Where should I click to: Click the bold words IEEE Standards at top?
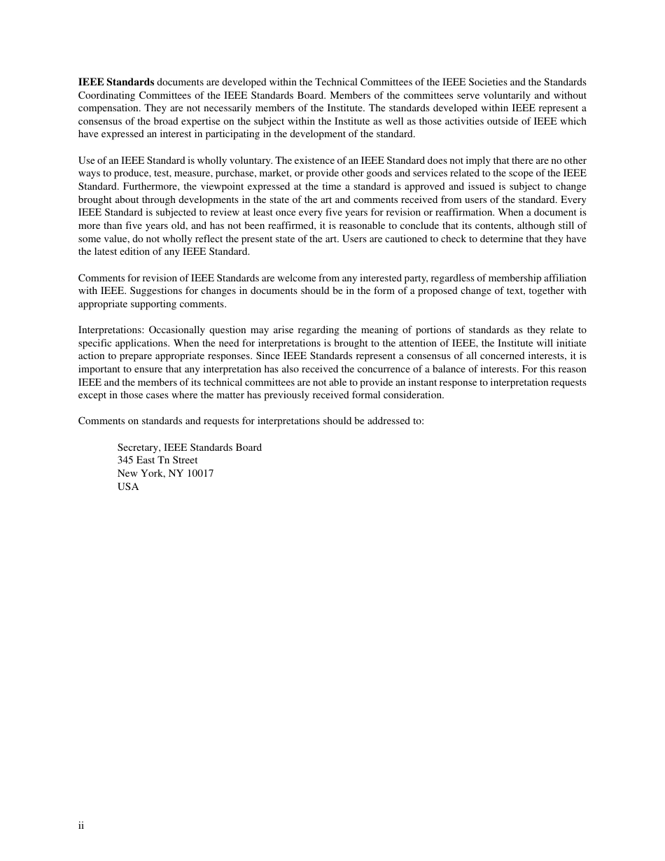(x=116, y=82)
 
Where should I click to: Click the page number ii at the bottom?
(x=81, y=826)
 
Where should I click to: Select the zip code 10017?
(x=200, y=474)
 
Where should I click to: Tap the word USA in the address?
(x=128, y=487)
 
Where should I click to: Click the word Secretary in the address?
(x=138, y=448)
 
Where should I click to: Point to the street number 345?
(x=125, y=461)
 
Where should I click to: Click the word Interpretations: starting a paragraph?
(x=111, y=330)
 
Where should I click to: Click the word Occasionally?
(x=178, y=330)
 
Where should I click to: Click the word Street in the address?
(x=185, y=461)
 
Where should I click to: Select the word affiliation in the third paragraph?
(x=563, y=279)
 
